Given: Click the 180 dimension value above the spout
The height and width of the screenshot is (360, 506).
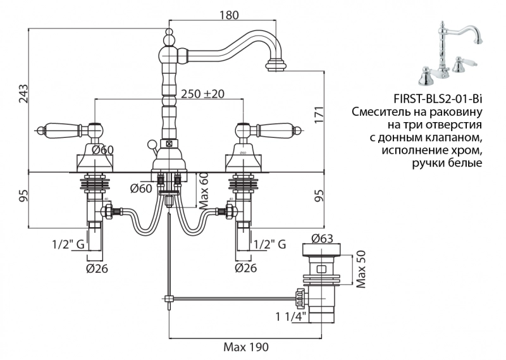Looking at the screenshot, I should [230, 15].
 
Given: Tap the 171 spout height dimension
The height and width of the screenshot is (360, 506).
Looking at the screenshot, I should [319, 115].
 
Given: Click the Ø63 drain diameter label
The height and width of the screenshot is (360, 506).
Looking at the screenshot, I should [323, 239].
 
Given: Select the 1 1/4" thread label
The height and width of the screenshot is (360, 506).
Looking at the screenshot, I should [291, 315].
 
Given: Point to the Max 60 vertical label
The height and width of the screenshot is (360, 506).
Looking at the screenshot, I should [203, 189].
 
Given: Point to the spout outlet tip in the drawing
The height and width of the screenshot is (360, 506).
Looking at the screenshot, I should [275, 64].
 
